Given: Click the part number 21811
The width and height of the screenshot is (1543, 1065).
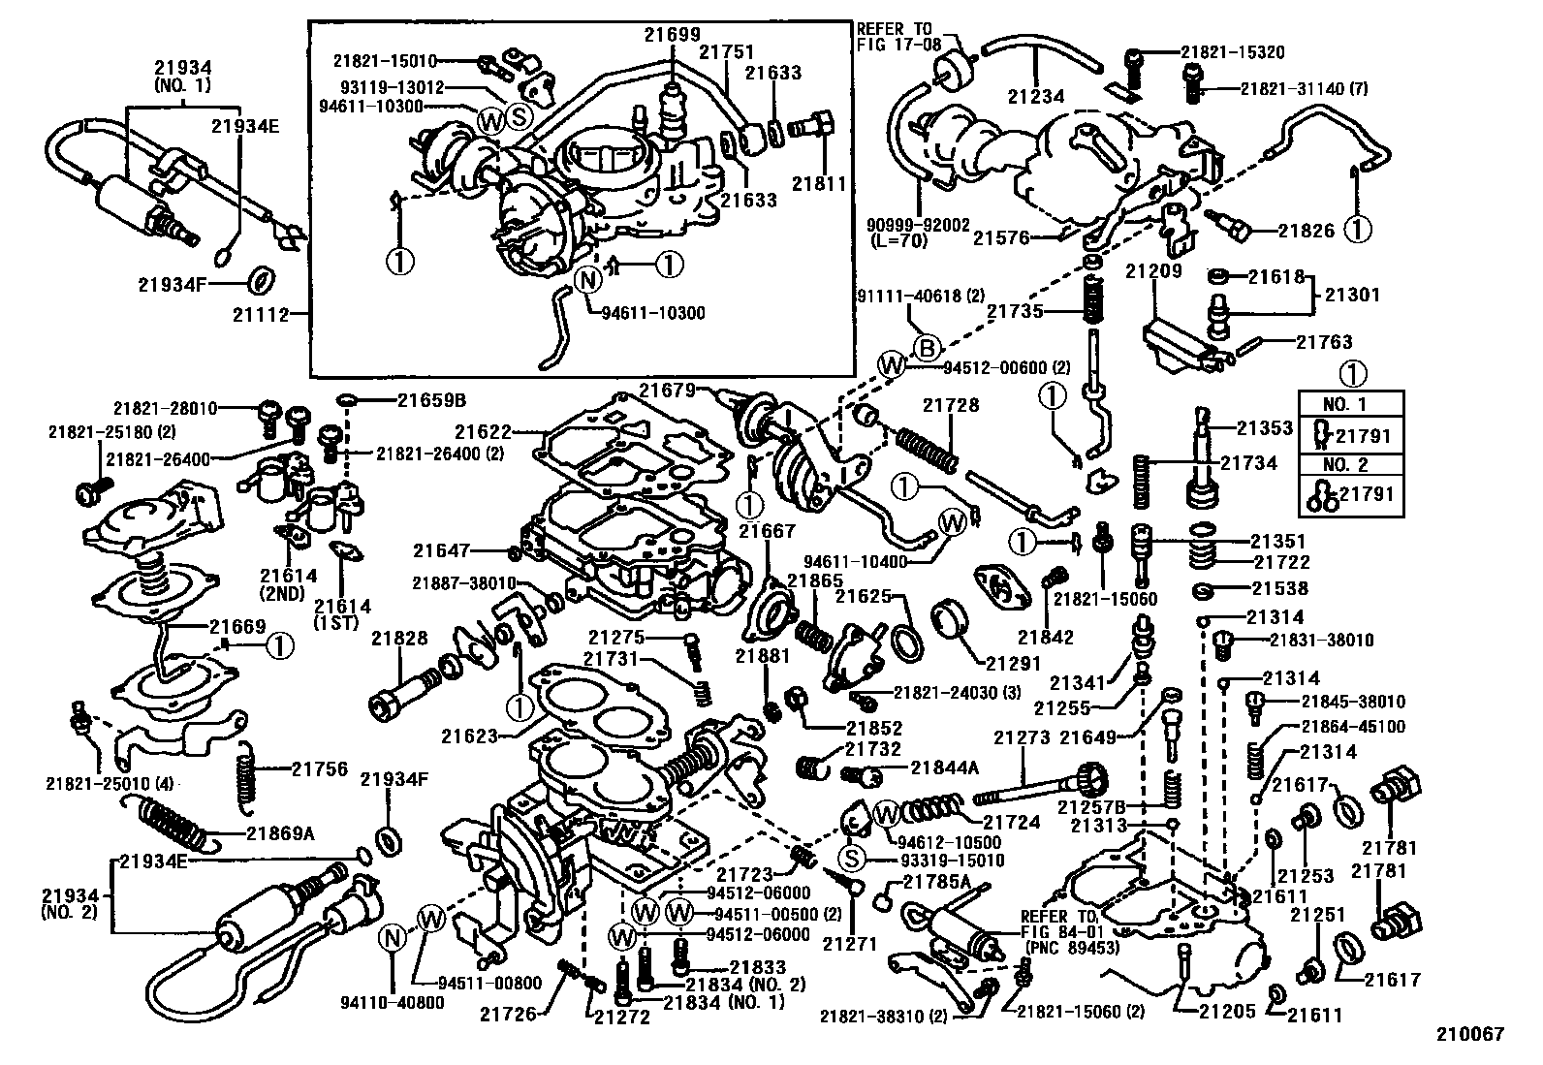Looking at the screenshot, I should pyautogui.click(x=819, y=183).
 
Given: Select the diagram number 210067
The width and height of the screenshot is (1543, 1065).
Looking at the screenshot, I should pyautogui.click(x=1470, y=1035).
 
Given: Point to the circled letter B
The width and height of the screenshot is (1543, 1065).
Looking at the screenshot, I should pyautogui.click(x=927, y=347).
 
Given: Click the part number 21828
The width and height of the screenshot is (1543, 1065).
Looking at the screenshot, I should pyautogui.click(x=398, y=638).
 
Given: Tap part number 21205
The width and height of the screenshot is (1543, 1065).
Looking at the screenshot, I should pyautogui.click(x=1227, y=1012).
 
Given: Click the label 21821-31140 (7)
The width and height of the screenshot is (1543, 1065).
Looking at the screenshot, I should pyautogui.click(x=1305, y=88).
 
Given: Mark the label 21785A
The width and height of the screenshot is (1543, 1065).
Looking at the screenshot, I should pyautogui.click(x=935, y=882).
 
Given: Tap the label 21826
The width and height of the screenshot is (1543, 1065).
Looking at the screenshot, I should pyautogui.click(x=1306, y=231).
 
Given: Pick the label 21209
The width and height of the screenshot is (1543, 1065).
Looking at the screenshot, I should pyautogui.click(x=1153, y=271).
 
